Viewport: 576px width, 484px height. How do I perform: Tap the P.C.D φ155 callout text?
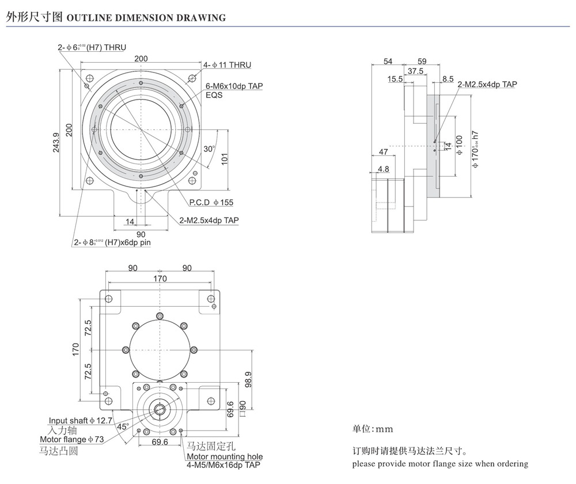coord(211,203)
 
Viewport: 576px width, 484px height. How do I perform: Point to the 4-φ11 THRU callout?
coord(227,65)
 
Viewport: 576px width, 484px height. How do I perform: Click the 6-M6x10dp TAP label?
coord(234,86)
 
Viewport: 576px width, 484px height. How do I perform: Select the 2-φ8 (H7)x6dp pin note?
coord(112,242)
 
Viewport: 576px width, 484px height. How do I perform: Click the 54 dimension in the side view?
coord(388,61)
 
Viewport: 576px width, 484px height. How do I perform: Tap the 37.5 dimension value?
coord(415,71)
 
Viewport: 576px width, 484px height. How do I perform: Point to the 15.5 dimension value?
coord(395,79)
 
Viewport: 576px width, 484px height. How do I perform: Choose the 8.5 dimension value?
coord(448,79)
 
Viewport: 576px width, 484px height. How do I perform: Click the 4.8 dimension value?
coord(383,169)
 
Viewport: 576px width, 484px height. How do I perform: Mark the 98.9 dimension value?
coord(248,379)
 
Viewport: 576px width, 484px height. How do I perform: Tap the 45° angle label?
coord(123,426)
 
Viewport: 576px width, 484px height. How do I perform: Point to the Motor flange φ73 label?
coord(71,440)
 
